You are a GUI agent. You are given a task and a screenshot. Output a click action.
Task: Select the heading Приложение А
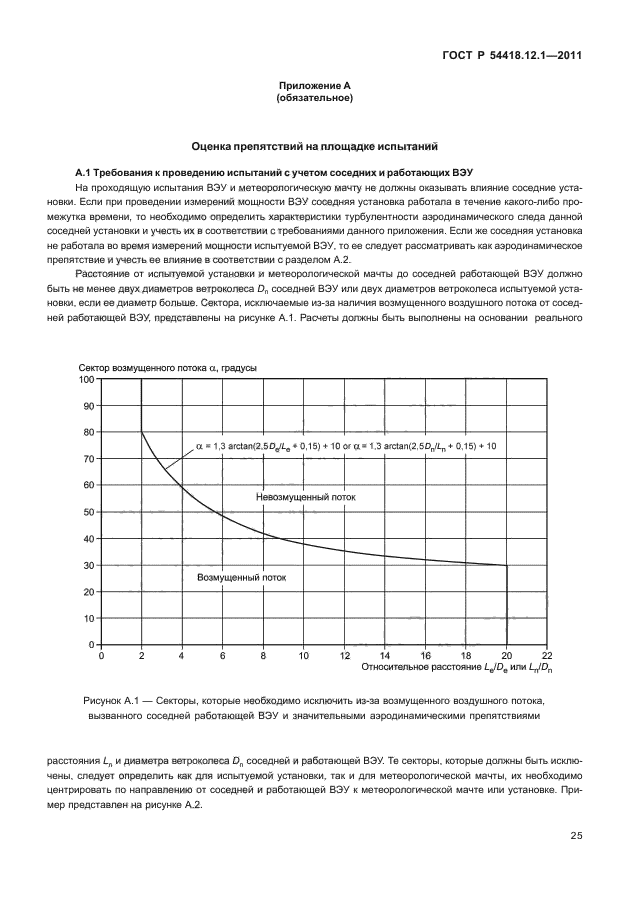click(x=315, y=87)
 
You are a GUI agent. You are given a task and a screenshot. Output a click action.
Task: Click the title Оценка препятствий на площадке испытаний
click(x=315, y=146)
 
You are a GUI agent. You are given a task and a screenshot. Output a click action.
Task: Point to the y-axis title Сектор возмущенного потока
click(x=167, y=367)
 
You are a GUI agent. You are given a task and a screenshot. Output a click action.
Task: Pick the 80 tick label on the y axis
click(x=89, y=432)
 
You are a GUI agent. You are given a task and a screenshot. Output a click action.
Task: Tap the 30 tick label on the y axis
click(x=89, y=565)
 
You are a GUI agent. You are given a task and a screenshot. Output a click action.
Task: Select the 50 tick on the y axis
click(x=89, y=512)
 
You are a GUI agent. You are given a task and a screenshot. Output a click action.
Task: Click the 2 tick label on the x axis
click(x=142, y=656)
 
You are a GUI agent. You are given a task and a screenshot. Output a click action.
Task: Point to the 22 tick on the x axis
click(x=547, y=656)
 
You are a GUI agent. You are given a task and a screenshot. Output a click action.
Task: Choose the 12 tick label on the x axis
click(x=344, y=656)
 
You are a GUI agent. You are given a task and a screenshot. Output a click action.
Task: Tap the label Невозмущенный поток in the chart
click(x=305, y=497)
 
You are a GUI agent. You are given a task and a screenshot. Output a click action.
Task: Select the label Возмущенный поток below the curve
click(x=242, y=577)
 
